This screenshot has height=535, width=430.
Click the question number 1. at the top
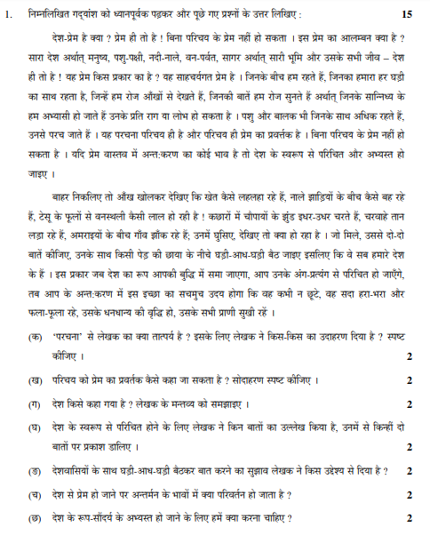click(x=10, y=15)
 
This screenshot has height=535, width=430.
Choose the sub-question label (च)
click(x=35, y=493)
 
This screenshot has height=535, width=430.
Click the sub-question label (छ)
click(x=35, y=516)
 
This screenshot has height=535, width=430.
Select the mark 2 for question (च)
click(x=409, y=494)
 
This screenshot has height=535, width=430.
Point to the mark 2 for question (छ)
click(x=409, y=517)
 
